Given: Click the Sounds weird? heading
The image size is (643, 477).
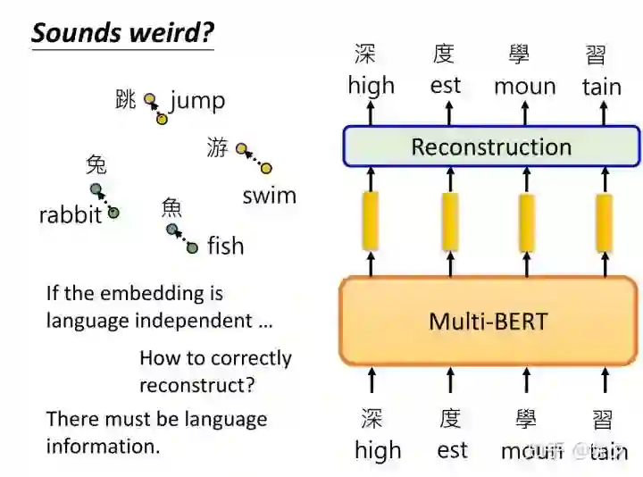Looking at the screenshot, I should click(122, 33).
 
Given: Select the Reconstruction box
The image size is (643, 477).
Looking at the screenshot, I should click(491, 146).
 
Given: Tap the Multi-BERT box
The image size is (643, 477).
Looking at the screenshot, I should click(488, 321).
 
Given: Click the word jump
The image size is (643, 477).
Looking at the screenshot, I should click(197, 100).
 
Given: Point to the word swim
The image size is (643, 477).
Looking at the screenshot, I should click(269, 196).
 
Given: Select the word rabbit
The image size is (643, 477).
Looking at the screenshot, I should click(70, 215).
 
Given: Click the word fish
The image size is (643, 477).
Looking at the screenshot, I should click(225, 246).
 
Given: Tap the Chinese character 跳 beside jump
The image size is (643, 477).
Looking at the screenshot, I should click(126, 99).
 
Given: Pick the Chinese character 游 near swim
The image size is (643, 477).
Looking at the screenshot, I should click(217, 147).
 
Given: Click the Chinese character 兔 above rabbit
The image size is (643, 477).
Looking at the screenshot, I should click(96, 164).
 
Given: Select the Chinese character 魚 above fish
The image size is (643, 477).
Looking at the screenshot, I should click(171, 207).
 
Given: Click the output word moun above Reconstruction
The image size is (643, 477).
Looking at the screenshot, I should click(524, 87).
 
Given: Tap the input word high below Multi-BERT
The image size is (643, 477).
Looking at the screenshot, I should click(378, 450).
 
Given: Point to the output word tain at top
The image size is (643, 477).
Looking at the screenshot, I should click(602, 87).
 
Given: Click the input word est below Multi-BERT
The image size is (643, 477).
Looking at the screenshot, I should click(452, 450).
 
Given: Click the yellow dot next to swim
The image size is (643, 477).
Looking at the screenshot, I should click(266, 168).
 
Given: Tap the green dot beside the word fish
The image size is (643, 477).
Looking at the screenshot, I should click(192, 248).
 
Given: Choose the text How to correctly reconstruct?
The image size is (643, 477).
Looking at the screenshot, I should click(215, 371).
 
